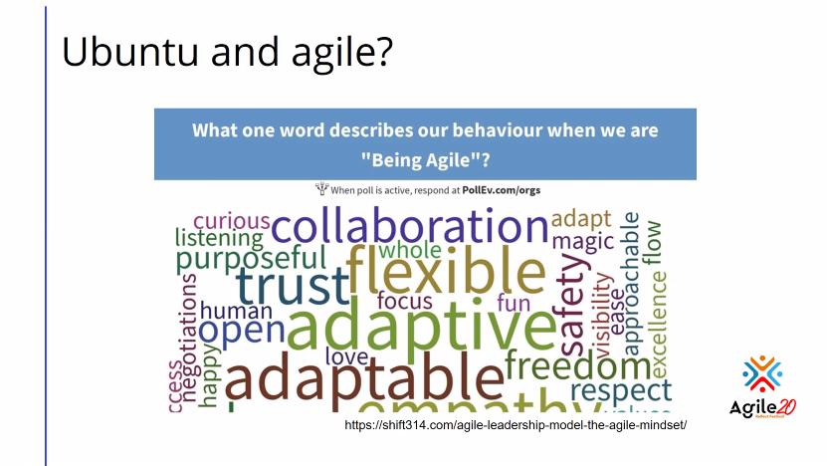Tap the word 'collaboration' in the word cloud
[409, 226]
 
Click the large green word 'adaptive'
[422, 326]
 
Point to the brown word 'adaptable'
[364, 379]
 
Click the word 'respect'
[621, 390]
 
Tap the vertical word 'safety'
[575, 305]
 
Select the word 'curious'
[231, 220]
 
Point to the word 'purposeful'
[251, 260]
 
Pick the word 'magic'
[582, 242]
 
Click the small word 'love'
[346, 355]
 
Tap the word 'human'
[236, 310]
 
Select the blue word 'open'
[242, 331]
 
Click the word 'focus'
[404, 302]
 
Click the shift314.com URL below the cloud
[516, 425]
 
